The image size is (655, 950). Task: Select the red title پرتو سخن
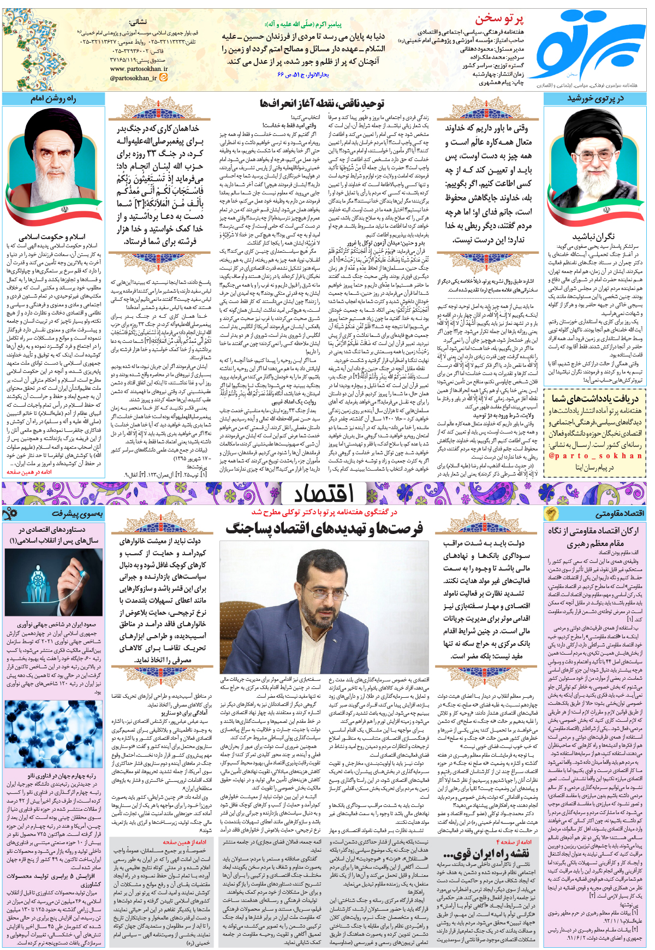pos(499,19)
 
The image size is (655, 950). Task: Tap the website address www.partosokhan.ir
pos(139,69)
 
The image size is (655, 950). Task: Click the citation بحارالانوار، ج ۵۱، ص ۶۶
pos(303,74)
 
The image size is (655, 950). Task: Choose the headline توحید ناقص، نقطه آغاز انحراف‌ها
pos(322,103)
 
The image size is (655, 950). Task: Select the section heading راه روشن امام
pos(53,99)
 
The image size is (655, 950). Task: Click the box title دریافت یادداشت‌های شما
pos(594,399)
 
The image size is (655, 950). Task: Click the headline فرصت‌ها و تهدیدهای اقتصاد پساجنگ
pos(324,528)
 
